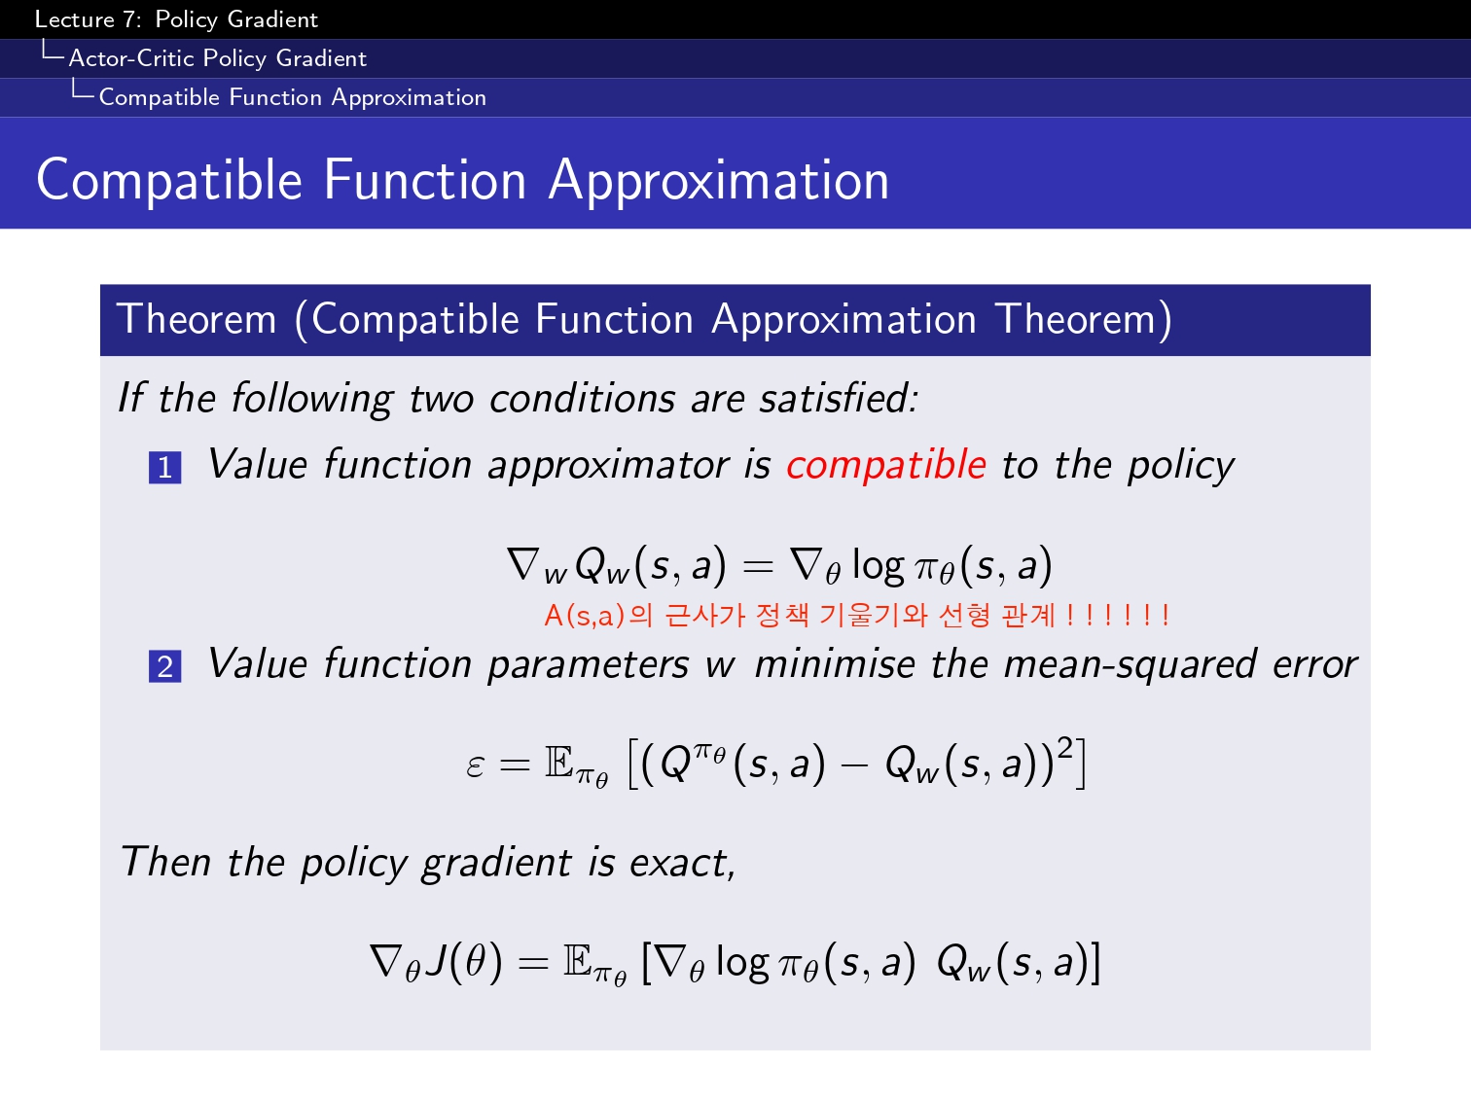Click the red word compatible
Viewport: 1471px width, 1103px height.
point(885,465)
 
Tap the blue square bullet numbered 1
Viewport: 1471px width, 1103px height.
point(164,468)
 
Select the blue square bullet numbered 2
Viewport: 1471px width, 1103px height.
point(164,666)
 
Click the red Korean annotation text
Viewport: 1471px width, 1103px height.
point(857,615)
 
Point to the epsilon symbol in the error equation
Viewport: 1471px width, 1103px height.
point(475,765)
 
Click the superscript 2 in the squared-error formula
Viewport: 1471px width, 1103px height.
point(1065,747)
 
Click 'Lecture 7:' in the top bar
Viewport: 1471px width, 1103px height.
point(88,19)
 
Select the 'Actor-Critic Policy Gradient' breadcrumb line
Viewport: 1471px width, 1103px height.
point(218,58)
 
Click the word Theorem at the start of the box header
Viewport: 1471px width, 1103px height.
point(197,318)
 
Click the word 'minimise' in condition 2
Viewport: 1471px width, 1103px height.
point(835,664)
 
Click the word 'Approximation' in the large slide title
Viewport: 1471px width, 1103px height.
point(718,181)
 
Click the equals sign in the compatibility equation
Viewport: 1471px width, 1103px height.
point(758,567)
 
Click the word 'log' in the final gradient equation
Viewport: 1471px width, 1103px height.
point(742,963)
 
